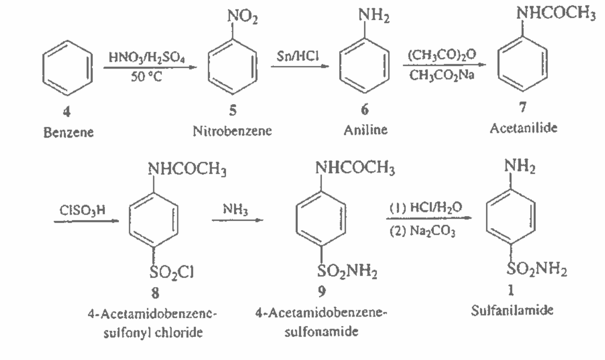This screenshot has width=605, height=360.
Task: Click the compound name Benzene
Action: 69,132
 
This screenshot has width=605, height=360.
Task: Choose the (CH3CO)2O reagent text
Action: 439,55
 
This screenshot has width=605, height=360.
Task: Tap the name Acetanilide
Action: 523,128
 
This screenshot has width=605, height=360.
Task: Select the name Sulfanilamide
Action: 512,311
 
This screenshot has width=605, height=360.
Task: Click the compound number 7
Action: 522,108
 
